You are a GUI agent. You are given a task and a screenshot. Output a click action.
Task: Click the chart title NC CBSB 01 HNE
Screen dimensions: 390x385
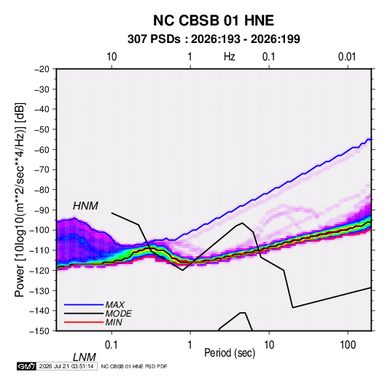tap(214, 20)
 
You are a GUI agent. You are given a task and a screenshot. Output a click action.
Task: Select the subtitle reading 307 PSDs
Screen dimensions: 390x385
tap(154, 39)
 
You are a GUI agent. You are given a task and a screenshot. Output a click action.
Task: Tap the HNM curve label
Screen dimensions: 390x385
tap(85, 206)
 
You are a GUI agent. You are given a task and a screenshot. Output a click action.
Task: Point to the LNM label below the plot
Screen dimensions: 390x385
tap(84, 357)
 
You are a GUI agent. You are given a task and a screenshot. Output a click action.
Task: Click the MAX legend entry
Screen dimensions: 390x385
tap(114, 304)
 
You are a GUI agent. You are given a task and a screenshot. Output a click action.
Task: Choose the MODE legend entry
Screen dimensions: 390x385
tap(118, 314)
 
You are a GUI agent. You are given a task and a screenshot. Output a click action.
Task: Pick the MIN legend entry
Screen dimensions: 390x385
tap(114, 322)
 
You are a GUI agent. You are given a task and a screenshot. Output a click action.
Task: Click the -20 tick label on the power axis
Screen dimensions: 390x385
tap(42, 69)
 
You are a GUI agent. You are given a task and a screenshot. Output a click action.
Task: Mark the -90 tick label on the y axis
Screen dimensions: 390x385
tap(42, 210)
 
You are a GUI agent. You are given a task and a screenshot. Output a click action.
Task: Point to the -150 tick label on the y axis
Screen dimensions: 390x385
tap(39, 331)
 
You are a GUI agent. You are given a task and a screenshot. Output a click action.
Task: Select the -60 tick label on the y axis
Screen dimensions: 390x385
tap(42, 149)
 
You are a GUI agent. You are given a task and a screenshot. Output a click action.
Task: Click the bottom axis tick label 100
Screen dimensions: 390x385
tap(348, 345)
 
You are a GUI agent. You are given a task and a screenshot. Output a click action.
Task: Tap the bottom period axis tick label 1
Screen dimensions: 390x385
tap(190, 345)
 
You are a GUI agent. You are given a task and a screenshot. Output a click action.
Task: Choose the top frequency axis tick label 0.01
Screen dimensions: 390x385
tap(347, 57)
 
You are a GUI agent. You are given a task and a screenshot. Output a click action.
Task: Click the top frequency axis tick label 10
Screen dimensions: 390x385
tap(112, 57)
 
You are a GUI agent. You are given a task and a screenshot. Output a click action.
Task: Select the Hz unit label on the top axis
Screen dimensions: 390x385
tap(230, 57)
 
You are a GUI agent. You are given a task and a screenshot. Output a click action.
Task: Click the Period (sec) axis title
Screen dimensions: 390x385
tap(230, 353)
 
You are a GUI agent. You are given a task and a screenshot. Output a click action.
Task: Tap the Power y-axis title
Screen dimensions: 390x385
tap(20, 200)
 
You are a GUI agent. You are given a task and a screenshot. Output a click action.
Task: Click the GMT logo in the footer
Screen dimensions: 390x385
tap(26, 366)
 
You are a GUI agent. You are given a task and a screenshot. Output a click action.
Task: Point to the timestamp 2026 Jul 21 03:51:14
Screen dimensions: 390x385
tap(66, 366)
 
